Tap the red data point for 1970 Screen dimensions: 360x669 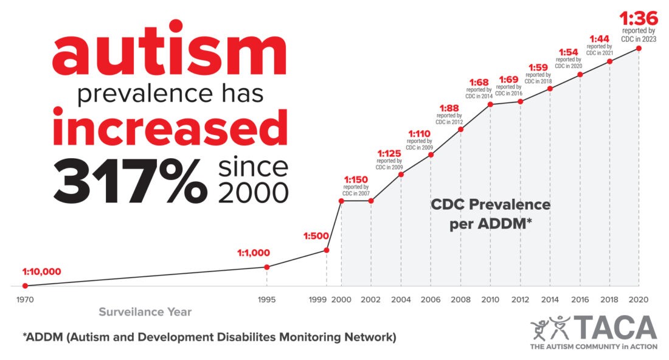pos(25,285)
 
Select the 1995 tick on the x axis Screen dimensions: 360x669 pos(266,300)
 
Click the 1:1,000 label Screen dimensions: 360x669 pos(254,253)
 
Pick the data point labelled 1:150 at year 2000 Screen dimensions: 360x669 pos(341,201)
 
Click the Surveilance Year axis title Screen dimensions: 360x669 pos(145,312)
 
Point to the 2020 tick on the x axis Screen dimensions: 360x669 pos(639,300)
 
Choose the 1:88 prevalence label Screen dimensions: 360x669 pos(449,108)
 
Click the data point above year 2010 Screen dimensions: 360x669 pos(491,105)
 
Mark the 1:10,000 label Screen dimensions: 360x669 pos(42,271)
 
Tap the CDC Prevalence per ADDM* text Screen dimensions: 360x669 pos(491,214)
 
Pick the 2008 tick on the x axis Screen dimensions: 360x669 pos(460,300)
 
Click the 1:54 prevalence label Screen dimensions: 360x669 pos(569,52)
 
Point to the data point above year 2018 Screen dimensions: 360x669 pos(610,61)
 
